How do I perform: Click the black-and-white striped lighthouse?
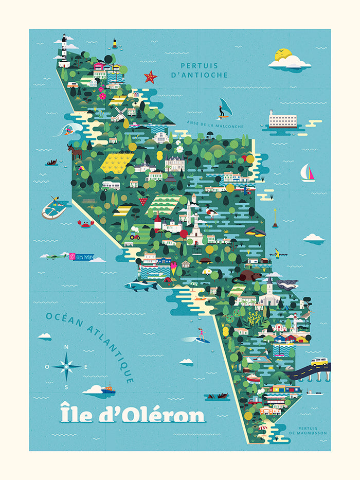(x=64, y=51)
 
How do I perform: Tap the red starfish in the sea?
(x=150, y=77)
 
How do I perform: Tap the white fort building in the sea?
(x=283, y=119)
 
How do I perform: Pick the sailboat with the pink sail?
(x=308, y=173)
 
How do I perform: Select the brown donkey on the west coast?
(x=76, y=151)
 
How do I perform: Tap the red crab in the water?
(x=85, y=223)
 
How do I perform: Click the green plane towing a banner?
(x=57, y=256)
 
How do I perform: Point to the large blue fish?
(x=140, y=286)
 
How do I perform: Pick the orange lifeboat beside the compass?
(x=107, y=389)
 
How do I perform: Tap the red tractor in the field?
(x=135, y=235)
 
